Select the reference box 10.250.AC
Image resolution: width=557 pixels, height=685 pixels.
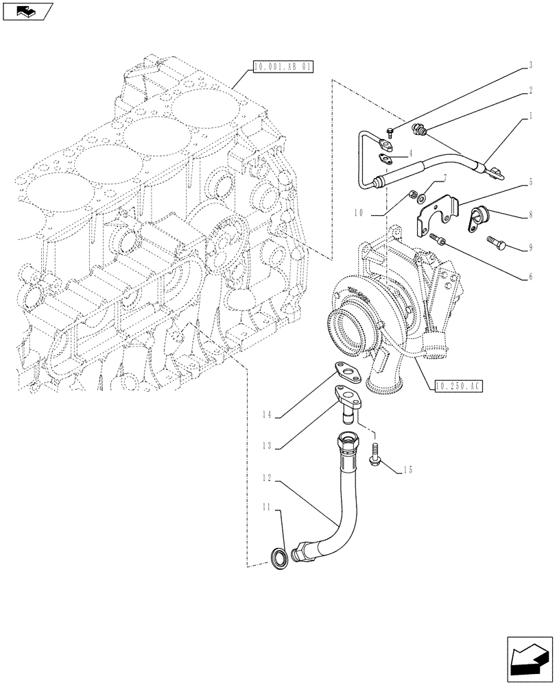click(459, 386)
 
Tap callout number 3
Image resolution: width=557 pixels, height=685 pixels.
click(530, 66)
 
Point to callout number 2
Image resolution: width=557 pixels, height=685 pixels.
click(530, 90)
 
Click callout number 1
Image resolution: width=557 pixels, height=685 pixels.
click(530, 118)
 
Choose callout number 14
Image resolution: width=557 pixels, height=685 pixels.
click(268, 414)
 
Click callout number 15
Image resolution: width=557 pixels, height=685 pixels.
click(408, 470)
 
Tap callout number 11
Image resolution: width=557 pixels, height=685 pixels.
click(268, 508)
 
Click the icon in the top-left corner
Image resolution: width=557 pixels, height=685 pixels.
click(27, 11)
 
